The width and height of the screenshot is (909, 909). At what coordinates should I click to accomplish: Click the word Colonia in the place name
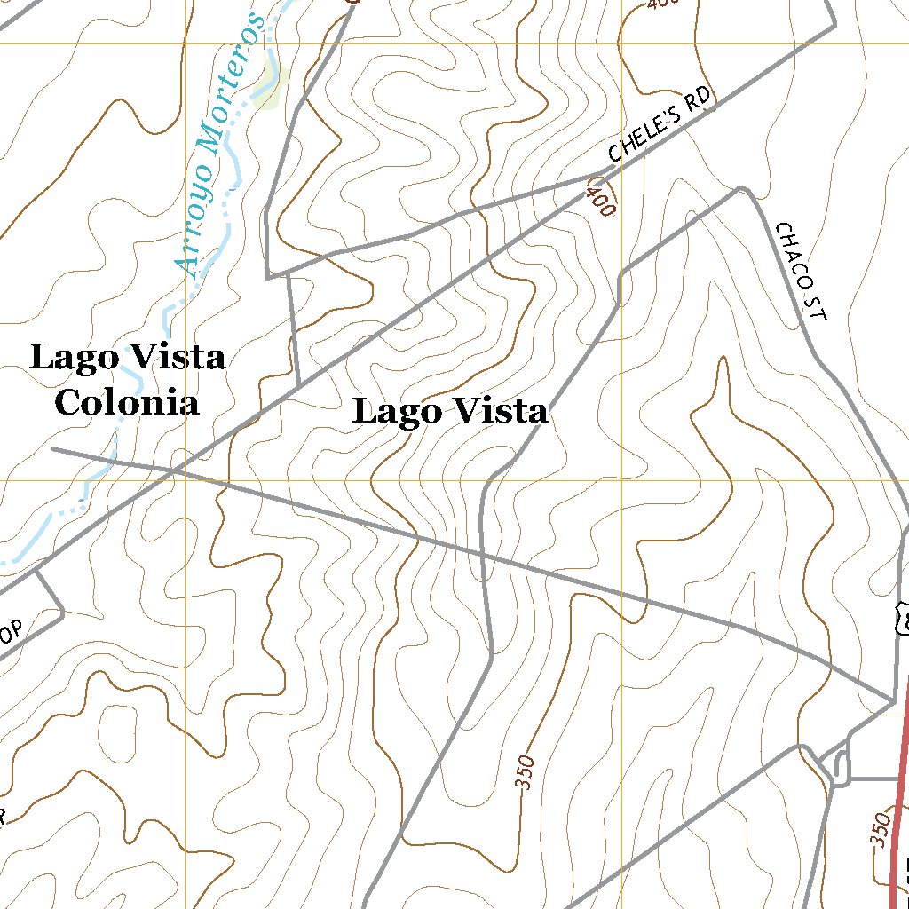click(126, 403)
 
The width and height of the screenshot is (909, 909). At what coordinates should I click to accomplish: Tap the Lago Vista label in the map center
click(450, 412)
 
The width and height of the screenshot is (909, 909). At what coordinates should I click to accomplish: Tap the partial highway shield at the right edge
click(903, 616)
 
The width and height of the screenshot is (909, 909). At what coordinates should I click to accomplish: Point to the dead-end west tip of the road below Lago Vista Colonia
click(53, 448)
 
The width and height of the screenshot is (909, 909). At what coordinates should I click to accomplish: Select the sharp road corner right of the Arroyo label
click(268, 278)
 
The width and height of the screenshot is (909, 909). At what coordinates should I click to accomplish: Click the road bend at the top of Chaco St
click(742, 188)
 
